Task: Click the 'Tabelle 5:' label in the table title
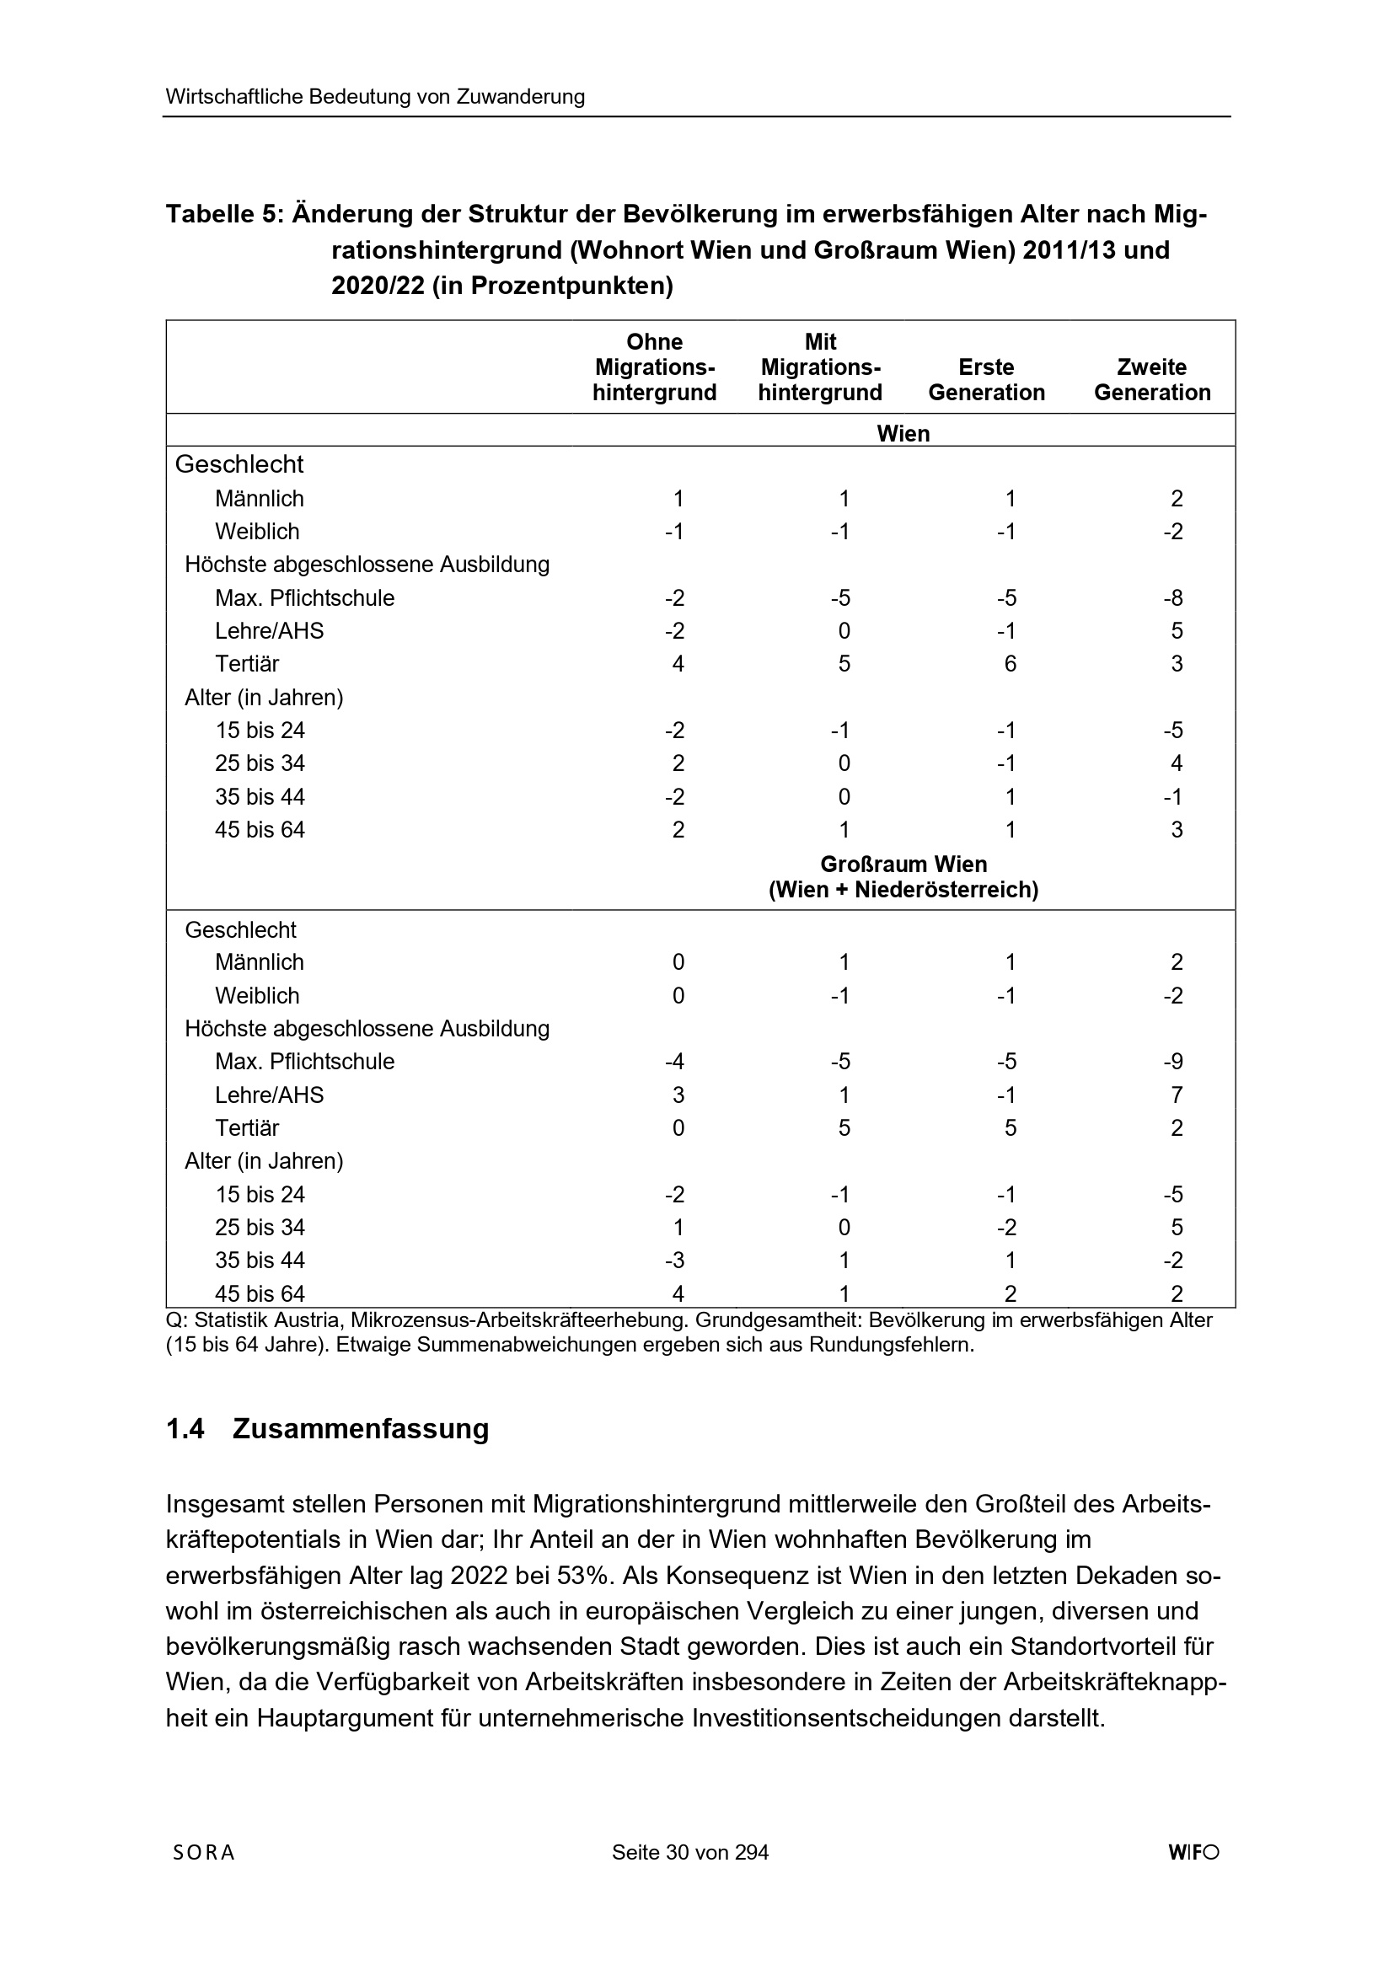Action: coord(224,214)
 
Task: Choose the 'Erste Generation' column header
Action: coord(986,379)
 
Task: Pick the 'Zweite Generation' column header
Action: coord(1152,379)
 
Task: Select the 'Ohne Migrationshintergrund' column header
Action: coord(655,367)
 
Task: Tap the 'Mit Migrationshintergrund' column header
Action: coord(821,367)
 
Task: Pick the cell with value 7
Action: coord(1177,1095)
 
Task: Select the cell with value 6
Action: coord(1011,664)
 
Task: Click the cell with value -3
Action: coord(675,1261)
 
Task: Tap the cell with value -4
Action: coord(675,1062)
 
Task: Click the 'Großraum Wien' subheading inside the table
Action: coord(903,864)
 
